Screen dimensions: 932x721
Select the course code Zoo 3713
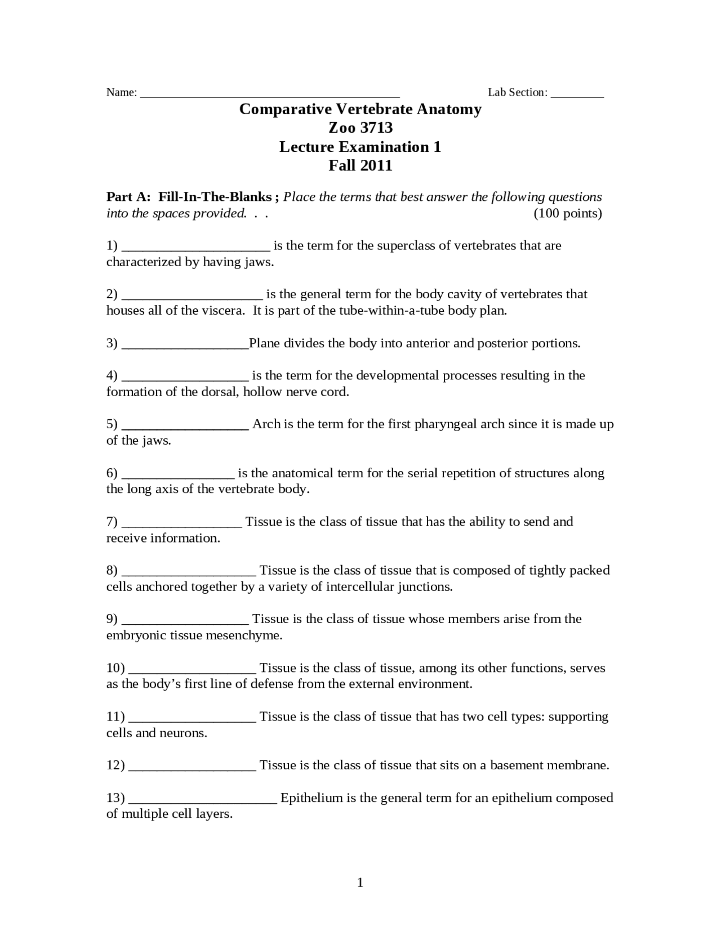(x=360, y=128)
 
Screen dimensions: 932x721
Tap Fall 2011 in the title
(x=360, y=165)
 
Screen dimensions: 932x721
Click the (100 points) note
(x=567, y=213)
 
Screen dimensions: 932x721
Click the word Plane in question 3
(x=264, y=343)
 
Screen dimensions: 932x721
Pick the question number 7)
(x=112, y=522)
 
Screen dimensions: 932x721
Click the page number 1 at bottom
(x=360, y=882)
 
